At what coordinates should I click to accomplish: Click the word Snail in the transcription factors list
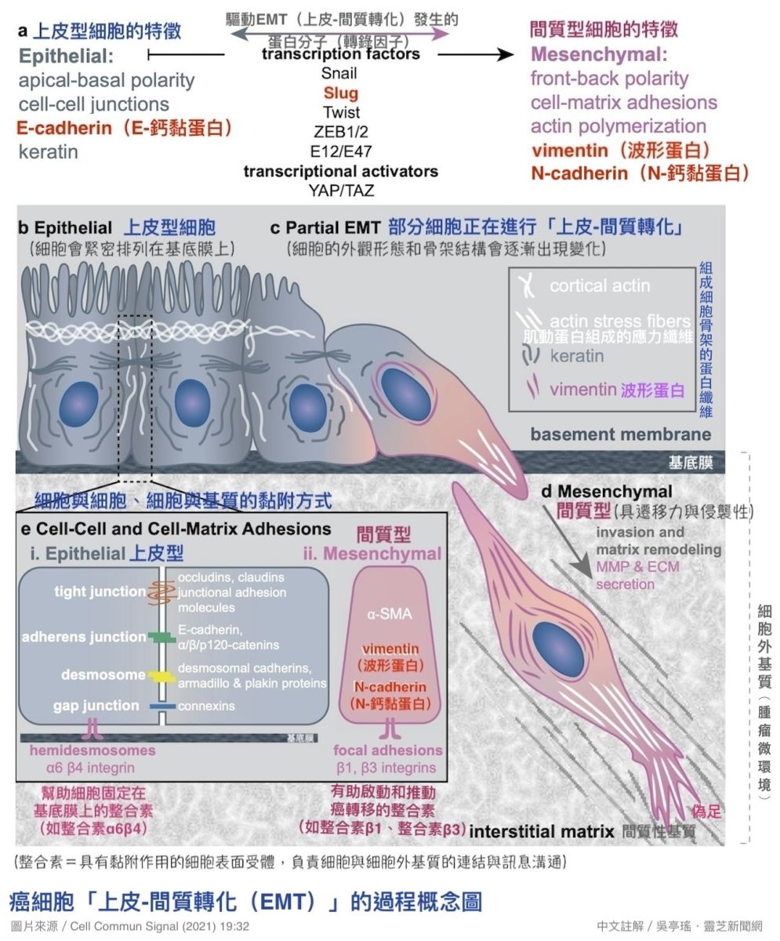(x=339, y=74)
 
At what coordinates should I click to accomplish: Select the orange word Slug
(x=340, y=93)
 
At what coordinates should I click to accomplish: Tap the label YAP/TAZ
(x=340, y=190)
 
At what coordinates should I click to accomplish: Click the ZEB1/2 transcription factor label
(x=340, y=132)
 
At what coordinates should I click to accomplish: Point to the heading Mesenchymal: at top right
(x=599, y=55)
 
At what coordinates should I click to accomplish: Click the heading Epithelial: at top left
(x=67, y=56)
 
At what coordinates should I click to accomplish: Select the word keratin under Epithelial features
(x=49, y=151)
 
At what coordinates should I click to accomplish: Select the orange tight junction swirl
(x=161, y=594)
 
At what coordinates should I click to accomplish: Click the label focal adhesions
(x=388, y=750)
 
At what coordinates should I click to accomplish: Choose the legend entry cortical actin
(x=600, y=286)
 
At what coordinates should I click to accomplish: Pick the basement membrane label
(x=621, y=434)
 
